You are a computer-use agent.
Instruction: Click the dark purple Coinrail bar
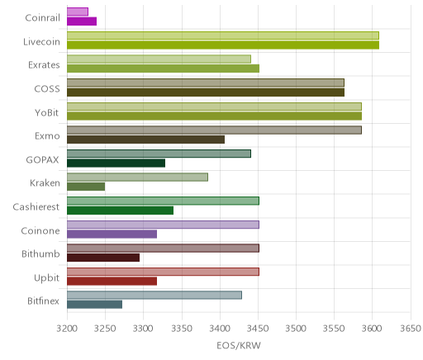[x=82, y=21]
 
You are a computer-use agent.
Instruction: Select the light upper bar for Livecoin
[x=223, y=36]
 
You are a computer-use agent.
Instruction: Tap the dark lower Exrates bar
[x=163, y=69]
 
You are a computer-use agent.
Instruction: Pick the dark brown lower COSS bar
[x=206, y=92]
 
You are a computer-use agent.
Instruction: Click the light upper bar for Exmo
[x=214, y=130]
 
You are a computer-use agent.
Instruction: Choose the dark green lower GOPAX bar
[x=116, y=163]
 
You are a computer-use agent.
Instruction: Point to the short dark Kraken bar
[x=86, y=187]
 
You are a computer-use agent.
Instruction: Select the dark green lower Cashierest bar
[x=120, y=211]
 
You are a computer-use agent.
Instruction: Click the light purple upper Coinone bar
[x=163, y=225]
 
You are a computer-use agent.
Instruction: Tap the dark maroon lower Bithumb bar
[x=103, y=258]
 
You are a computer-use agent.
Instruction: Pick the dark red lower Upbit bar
[x=112, y=282]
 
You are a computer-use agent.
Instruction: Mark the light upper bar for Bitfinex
[x=154, y=296]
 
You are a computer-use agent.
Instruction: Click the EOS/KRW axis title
[x=239, y=346]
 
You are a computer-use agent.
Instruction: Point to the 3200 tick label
[x=67, y=329]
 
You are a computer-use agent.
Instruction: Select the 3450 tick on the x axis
[x=258, y=329]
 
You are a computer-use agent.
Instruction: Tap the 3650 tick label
[x=411, y=329]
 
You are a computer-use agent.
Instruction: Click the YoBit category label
[x=47, y=113]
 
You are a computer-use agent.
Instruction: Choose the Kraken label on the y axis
[x=45, y=183]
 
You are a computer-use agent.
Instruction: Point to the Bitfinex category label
[x=44, y=301]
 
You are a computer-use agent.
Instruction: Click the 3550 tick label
[x=334, y=329]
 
